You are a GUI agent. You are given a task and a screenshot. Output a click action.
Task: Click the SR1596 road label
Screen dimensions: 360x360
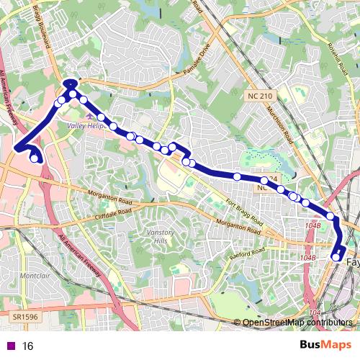[x=25, y=316]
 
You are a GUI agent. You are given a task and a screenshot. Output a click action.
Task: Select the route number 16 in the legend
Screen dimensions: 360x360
[x=28, y=346]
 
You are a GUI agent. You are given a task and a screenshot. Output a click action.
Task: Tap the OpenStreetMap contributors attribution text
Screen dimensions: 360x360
[x=297, y=323]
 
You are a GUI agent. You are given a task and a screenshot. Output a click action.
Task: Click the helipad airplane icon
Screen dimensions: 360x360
[x=89, y=115]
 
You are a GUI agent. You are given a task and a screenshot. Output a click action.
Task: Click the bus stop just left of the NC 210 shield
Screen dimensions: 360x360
[x=237, y=176]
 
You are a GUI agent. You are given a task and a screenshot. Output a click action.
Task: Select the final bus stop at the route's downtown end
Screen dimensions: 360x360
[x=336, y=257]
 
